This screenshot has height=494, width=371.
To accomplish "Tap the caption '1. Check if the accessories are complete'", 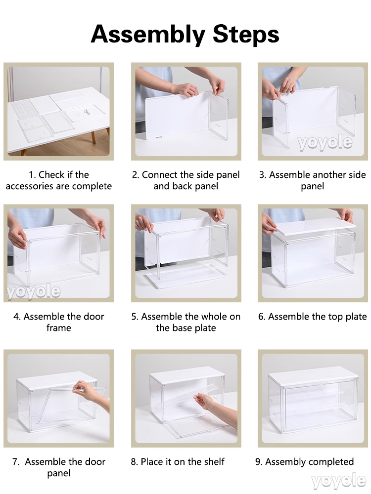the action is pos(59,180).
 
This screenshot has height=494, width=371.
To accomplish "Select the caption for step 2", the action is pos(186,180).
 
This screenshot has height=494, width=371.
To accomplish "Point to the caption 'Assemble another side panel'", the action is pos(317,180).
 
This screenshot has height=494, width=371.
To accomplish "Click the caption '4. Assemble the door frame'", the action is pos(59,322).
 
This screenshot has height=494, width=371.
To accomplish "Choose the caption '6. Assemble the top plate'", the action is pos(312,317).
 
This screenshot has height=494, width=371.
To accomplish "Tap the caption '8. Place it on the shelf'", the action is pos(178,462).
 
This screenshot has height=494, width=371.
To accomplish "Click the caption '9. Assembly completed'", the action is pos(304,462).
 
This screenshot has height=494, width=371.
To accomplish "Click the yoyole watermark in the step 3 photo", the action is pos(325,143).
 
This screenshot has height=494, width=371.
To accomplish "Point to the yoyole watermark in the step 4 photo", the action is pos(34,291).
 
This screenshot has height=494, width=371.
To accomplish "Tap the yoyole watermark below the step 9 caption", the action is pos(338,481).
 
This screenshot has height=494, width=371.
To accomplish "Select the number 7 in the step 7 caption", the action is pos(15,462).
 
